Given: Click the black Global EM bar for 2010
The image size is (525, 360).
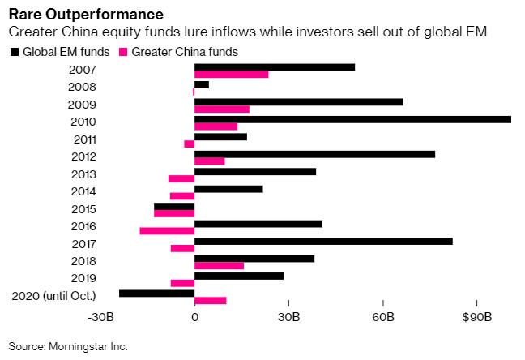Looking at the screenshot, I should coord(352,119).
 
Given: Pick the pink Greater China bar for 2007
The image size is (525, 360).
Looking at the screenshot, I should coord(231,75).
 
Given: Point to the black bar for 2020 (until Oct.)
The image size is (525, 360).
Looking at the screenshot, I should coord(156,294).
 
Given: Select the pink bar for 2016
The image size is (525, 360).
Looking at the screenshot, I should coord(167,231).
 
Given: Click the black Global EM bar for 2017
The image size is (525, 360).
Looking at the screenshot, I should coord(323,241).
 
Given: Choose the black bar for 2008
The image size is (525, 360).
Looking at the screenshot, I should coord(202,84).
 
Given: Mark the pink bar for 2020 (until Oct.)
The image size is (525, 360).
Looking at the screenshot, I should coord(211,301).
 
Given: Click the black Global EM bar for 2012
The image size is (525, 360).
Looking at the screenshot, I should coord(314,154).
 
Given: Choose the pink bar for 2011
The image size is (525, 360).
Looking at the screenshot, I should coord(190,144).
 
